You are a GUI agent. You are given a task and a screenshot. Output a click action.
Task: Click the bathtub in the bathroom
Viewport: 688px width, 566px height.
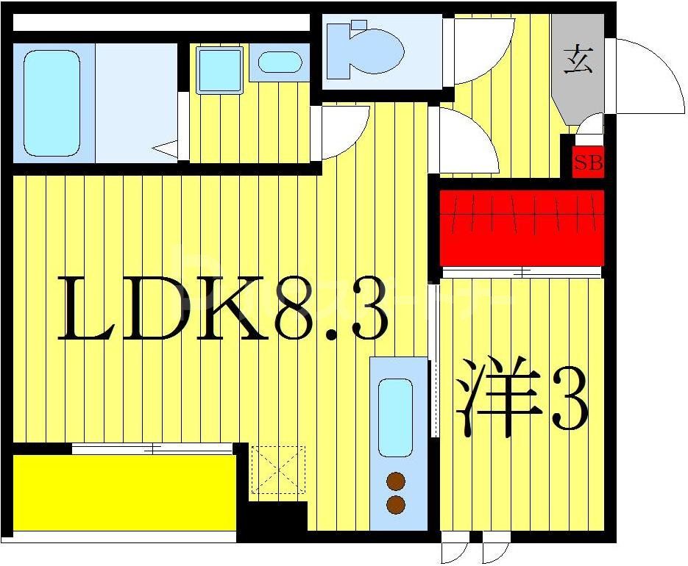pyautogui.click(x=52, y=103)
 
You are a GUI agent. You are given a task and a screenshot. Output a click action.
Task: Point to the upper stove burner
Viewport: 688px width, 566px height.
pyautogui.click(x=396, y=481)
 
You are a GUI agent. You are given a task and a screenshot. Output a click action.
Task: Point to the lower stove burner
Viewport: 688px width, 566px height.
pyautogui.click(x=396, y=505)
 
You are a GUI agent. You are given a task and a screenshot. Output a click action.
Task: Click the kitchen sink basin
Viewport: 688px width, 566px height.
pyautogui.click(x=395, y=417)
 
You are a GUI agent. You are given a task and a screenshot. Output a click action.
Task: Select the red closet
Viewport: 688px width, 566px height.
pyautogui.click(x=522, y=227)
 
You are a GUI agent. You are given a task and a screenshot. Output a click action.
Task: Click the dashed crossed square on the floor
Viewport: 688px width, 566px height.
pyautogui.click(x=278, y=469)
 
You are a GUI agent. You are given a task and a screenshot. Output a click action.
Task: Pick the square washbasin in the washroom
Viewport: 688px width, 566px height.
pyautogui.click(x=219, y=70)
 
